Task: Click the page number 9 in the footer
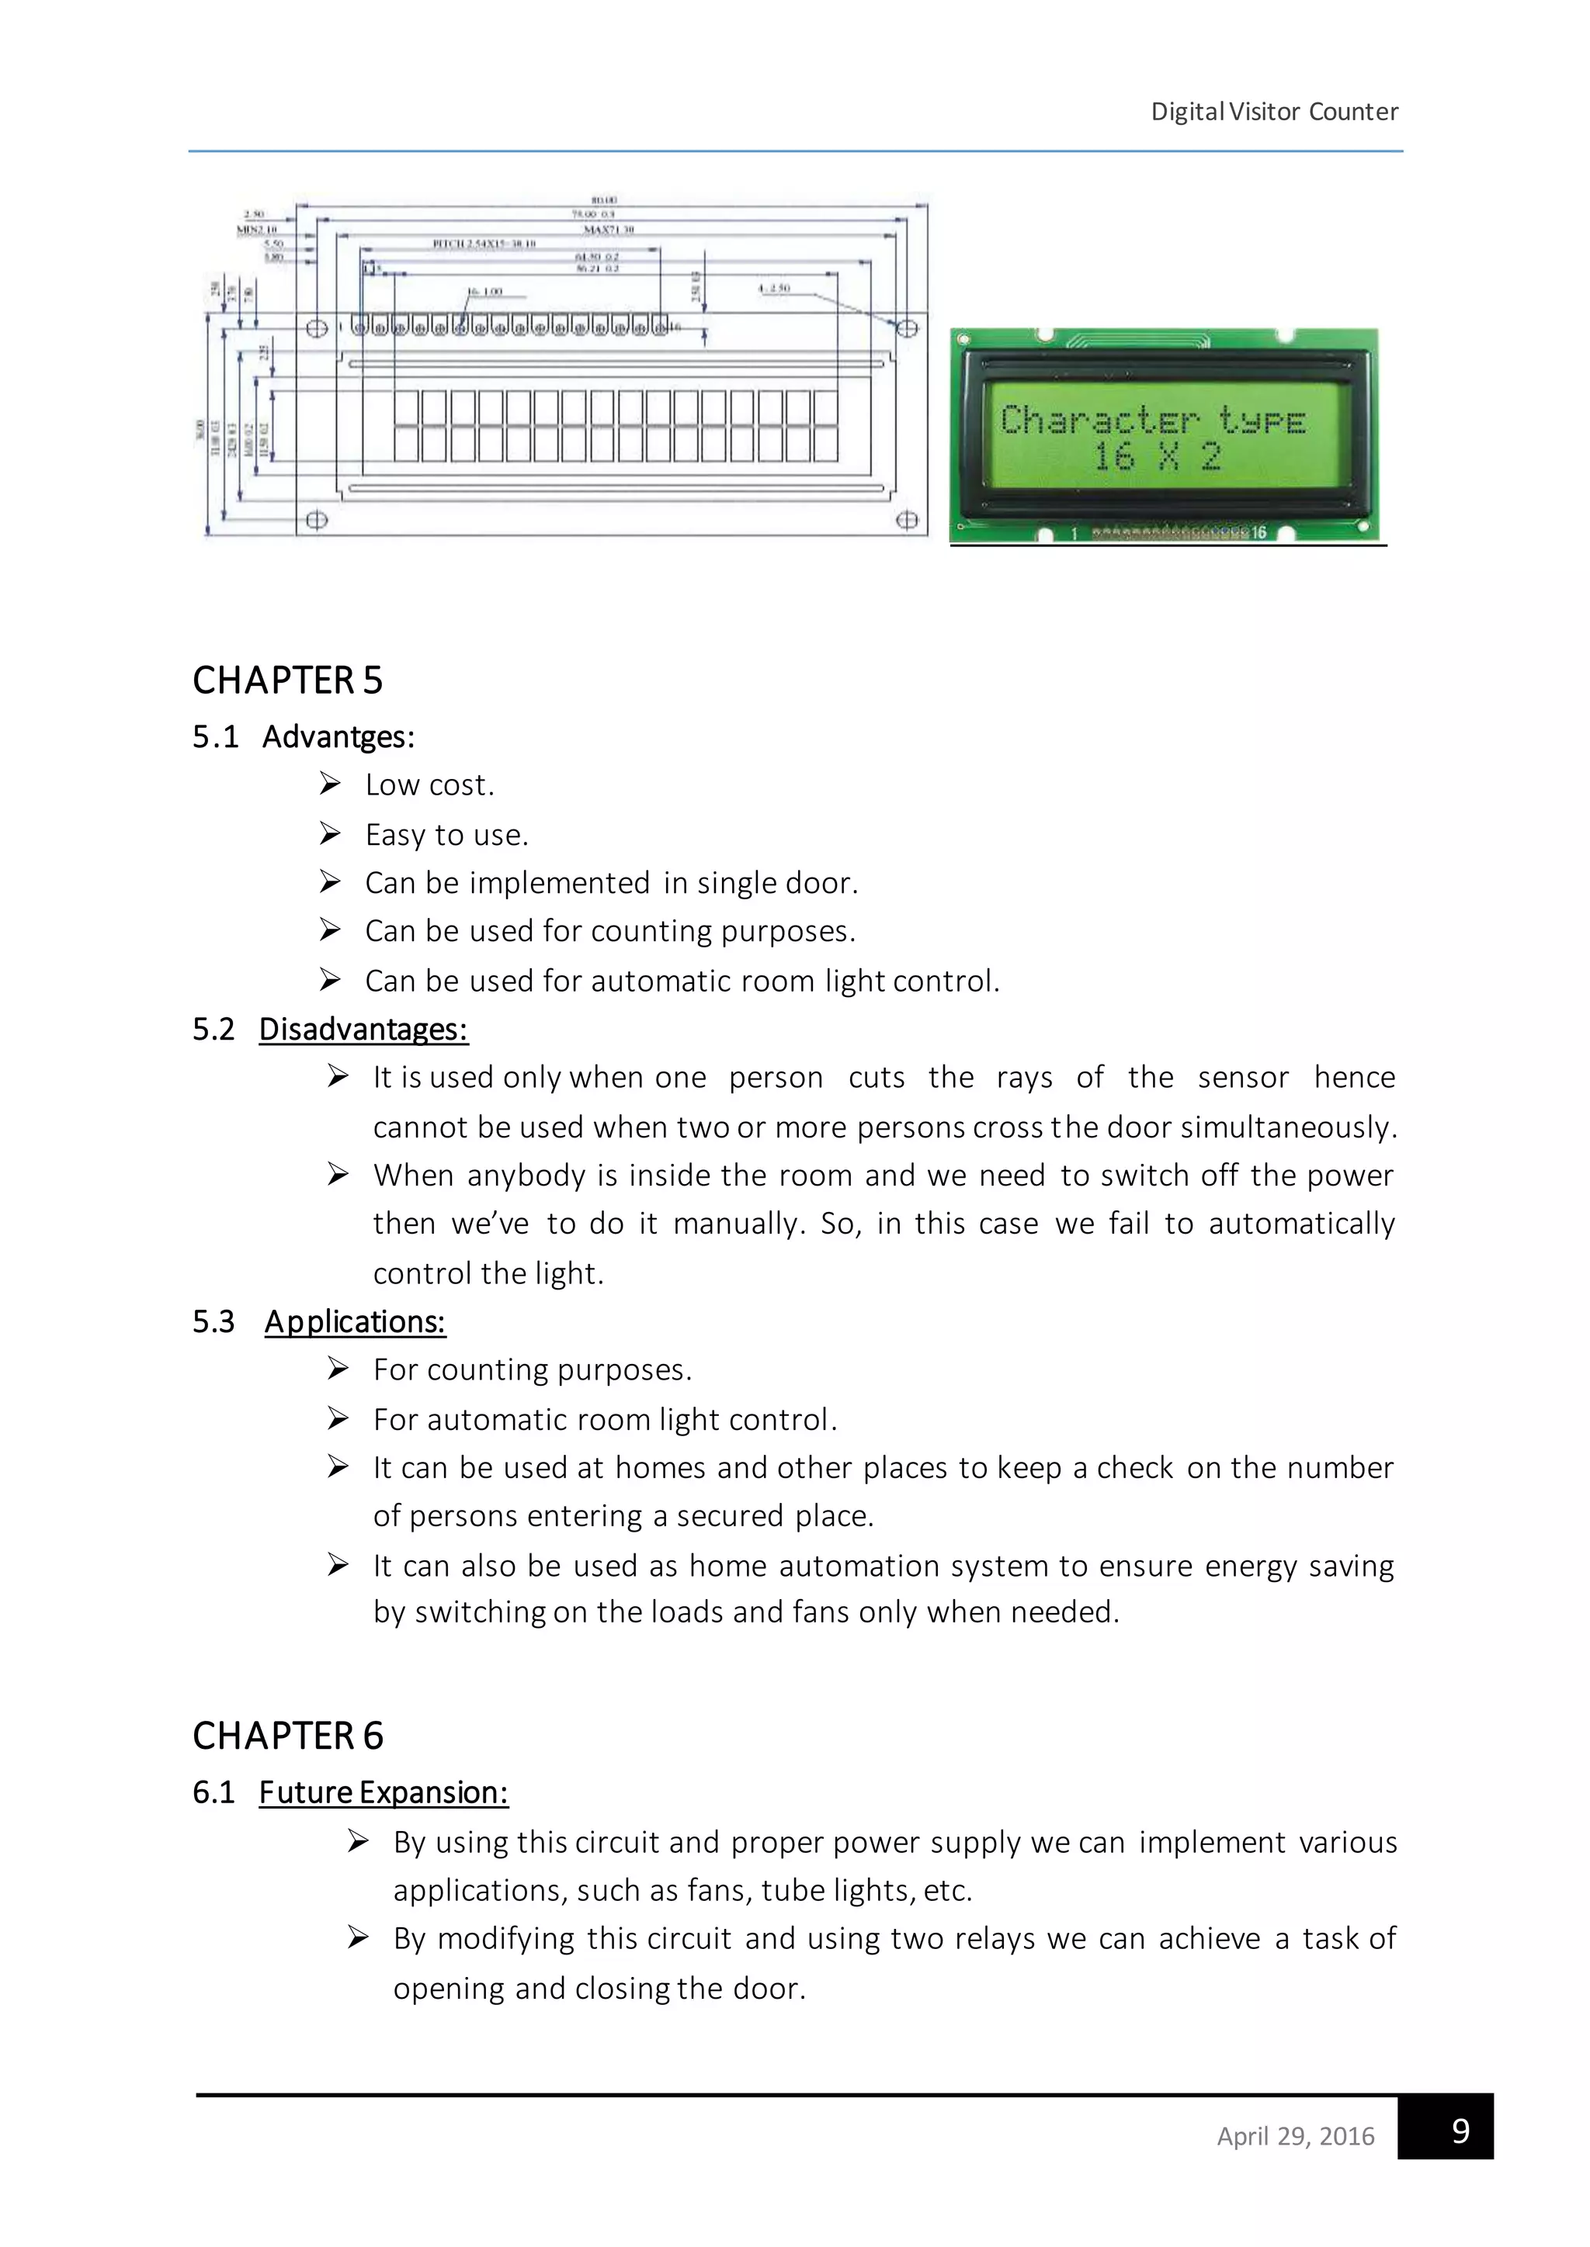point(1460,2130)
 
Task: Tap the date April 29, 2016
point(1295,2135)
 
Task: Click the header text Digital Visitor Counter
point(1274,112)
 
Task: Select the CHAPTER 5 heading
point(286,680)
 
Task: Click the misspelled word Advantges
point(338,737)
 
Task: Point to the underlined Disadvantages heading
point(363,1030)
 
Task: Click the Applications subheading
point(356,1322)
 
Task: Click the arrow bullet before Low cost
point(330,784)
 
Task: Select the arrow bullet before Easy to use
point(330,834)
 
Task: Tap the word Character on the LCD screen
point(1099,421)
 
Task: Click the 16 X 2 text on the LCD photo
point(1156,457)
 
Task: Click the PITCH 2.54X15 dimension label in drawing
point(484,244)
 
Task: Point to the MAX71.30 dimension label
point(609,229)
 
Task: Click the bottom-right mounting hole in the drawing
point(907,520)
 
